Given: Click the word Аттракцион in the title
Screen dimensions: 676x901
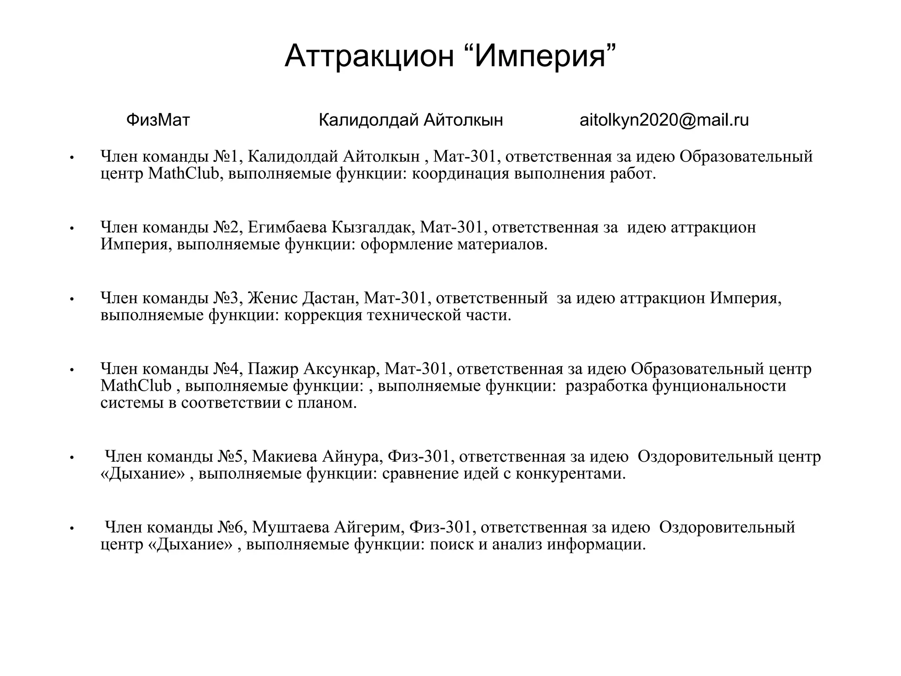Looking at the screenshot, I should [x=369, y=56].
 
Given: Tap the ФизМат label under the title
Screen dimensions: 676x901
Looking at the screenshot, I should [x=158, y=120].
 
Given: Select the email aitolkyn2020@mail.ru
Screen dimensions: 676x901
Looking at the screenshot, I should [x=664, y=120].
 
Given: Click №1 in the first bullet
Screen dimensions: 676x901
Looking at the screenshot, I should [x=226, y=156].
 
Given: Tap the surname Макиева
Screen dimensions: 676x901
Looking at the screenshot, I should [x=284, y=456].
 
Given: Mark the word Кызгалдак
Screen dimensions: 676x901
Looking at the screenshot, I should [x=373, y=227].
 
